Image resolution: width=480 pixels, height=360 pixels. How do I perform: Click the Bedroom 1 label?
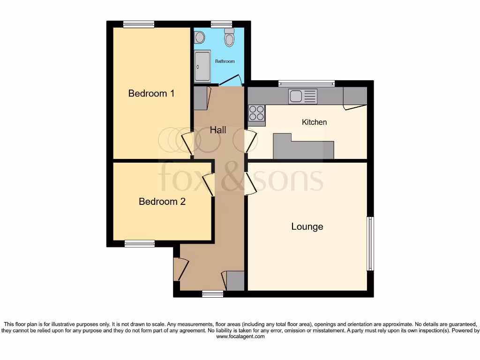pyautogui.click(x=151, y=93)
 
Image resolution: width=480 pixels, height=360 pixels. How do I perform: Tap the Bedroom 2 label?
pyautogui.click(x=162, y=202)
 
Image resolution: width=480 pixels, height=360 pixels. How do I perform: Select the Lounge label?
pyautogui.click(x=307, y=226)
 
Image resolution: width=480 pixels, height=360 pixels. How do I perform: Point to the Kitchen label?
pyautogui.click(x=314, y=122)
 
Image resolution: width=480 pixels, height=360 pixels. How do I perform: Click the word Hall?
pyautogui.click(x=218, y=130)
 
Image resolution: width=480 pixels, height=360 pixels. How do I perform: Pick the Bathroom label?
pyautogui.click(x=225, y=61)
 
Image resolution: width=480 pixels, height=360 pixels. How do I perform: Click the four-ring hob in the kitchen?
pyautogui.click(x=256, y=113)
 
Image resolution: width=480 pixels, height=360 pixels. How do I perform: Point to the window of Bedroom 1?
pyautogui.click(x=139, y=24)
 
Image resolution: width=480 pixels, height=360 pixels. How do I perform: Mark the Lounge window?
pyautogui.click(x=370, y=243)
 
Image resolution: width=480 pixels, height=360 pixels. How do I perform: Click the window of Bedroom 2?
pyautogui.click(x=140, y=243)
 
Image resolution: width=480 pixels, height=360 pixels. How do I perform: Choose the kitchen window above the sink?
pyautogui.click(x=307, y=83)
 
